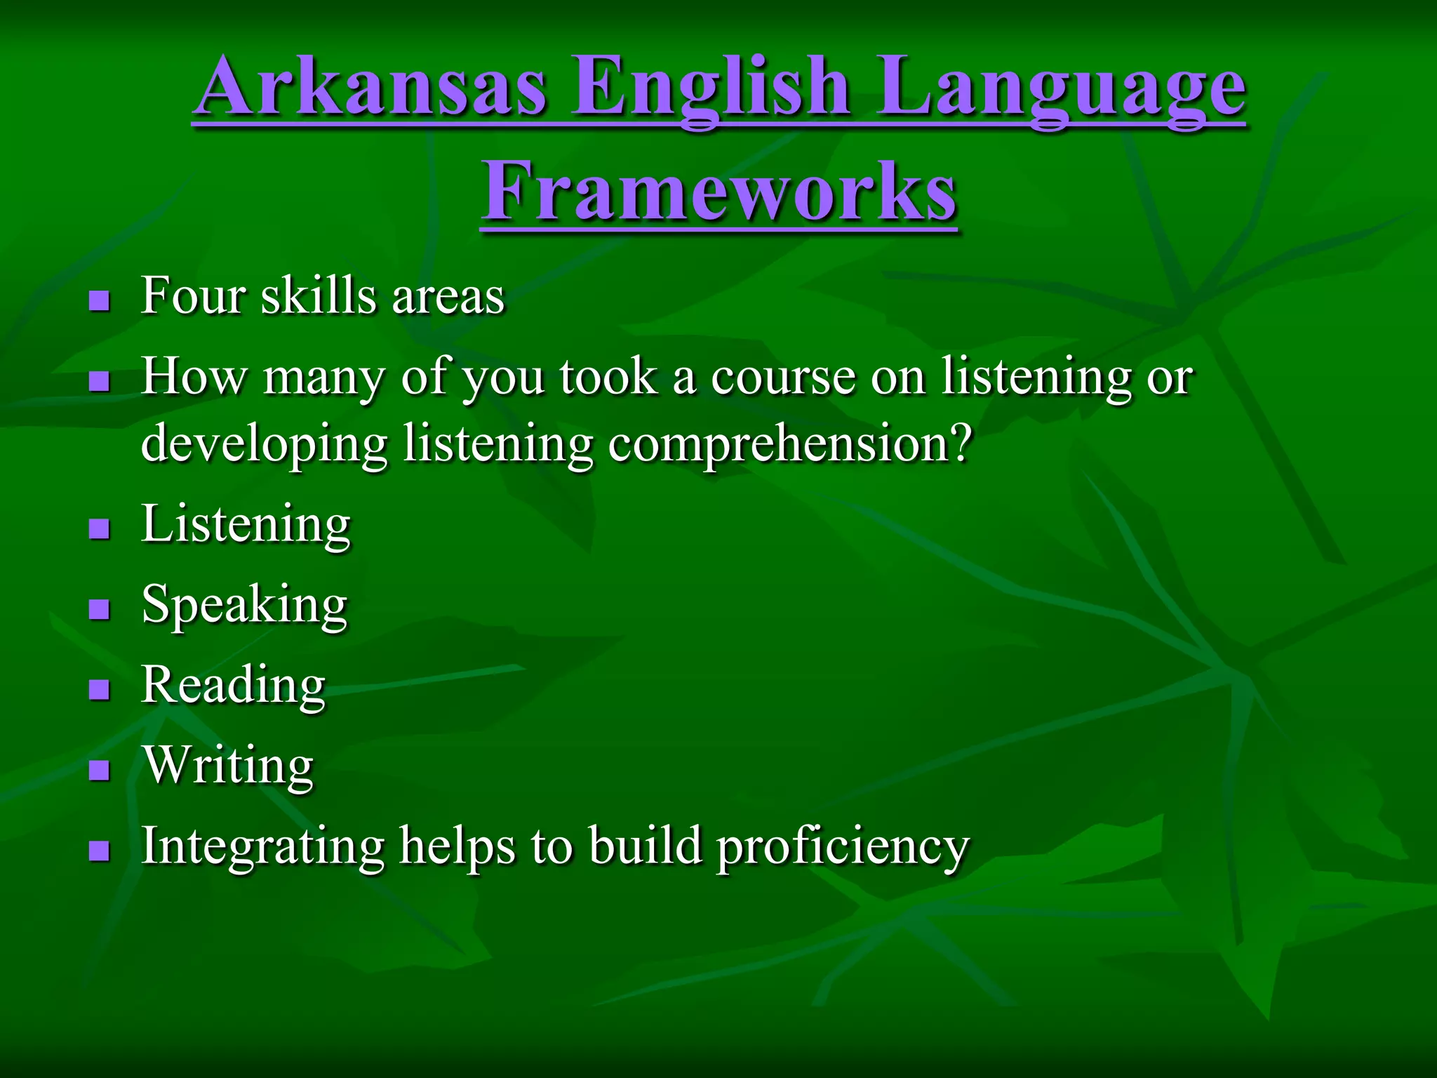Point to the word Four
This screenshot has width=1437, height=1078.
(x=193, y=295)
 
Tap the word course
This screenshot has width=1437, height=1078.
(x=783, y=377)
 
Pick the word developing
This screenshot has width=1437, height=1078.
(x=265, y=444)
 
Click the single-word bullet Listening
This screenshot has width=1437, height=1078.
(x=246, y=524)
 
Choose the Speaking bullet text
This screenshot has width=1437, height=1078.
(x=244, y=605)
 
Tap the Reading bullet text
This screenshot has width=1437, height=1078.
(x=233, y=685)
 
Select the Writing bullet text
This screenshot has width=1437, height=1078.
(x=229, y=765)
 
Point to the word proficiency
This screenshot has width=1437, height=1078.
(x=842, y=846)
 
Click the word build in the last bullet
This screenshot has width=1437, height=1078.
(x=645, y=845)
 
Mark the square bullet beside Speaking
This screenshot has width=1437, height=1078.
(x=100, y=608)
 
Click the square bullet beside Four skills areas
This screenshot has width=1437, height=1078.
(x=100, y=301)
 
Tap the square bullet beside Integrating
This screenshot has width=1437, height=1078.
(x=100, y=851)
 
